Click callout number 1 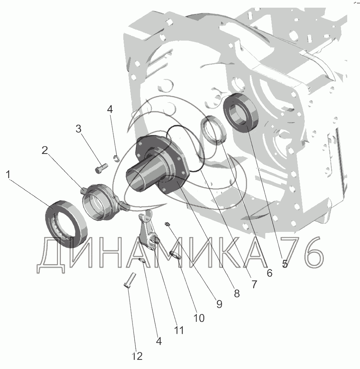[x=8, y=175]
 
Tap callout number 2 [x=45, y=150]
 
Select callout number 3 [x=78, y=129]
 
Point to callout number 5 [x=285, y=264]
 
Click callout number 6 [x=269, y=273]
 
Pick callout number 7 [x=254, y=284]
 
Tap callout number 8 [x=237, y=293]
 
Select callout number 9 [x=219, y=304]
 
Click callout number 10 [x=199, y=318]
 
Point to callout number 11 [x=179, y=330]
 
